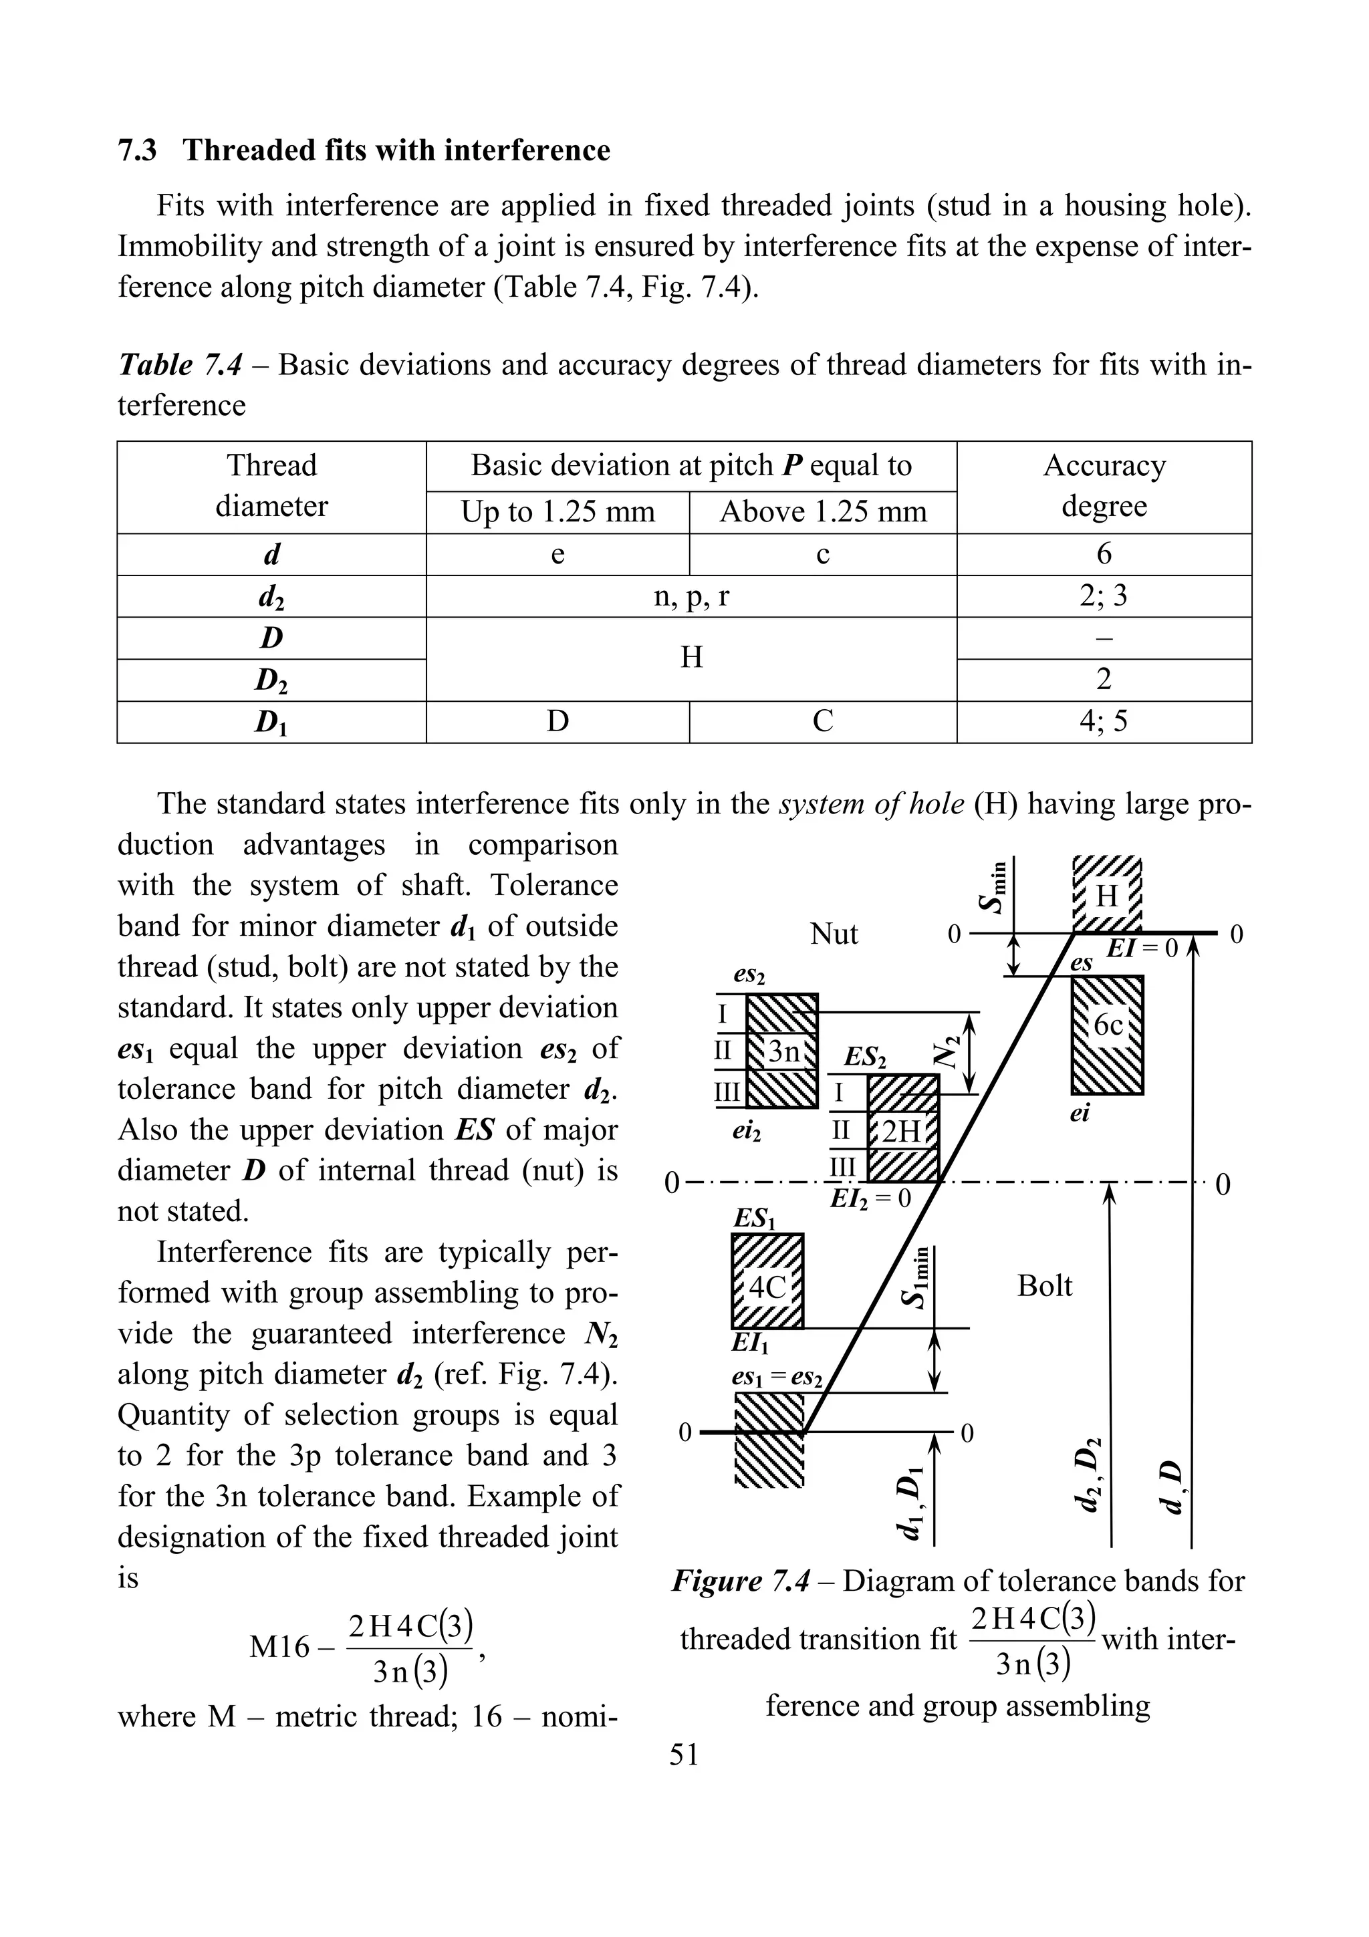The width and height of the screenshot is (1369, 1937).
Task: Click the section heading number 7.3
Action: pyautogui.click(x=136, y=150)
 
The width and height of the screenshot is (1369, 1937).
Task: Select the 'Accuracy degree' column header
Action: pyautogui.click(x=1104, y=486)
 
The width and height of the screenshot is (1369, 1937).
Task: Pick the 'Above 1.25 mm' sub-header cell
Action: pyautogui.click(x=822, y=512)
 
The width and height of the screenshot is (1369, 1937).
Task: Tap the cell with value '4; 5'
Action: pyautogui.click(x=1104, y=721)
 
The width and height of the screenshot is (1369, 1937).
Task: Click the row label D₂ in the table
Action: pyautogui.click(x=271, y=680)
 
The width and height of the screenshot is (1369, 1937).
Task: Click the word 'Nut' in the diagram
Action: pyautogui.click(x=834, y=934)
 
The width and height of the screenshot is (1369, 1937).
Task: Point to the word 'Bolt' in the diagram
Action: pyautogui.click(x=1044, y=1286)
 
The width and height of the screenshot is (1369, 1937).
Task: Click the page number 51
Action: pyautogui.click(x=684, y=1755)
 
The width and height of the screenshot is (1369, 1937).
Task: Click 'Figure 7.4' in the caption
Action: pyautogui.click(x=740, y=1580)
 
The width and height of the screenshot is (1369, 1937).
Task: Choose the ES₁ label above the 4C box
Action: pyautogui.click(x=754, y=1218)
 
